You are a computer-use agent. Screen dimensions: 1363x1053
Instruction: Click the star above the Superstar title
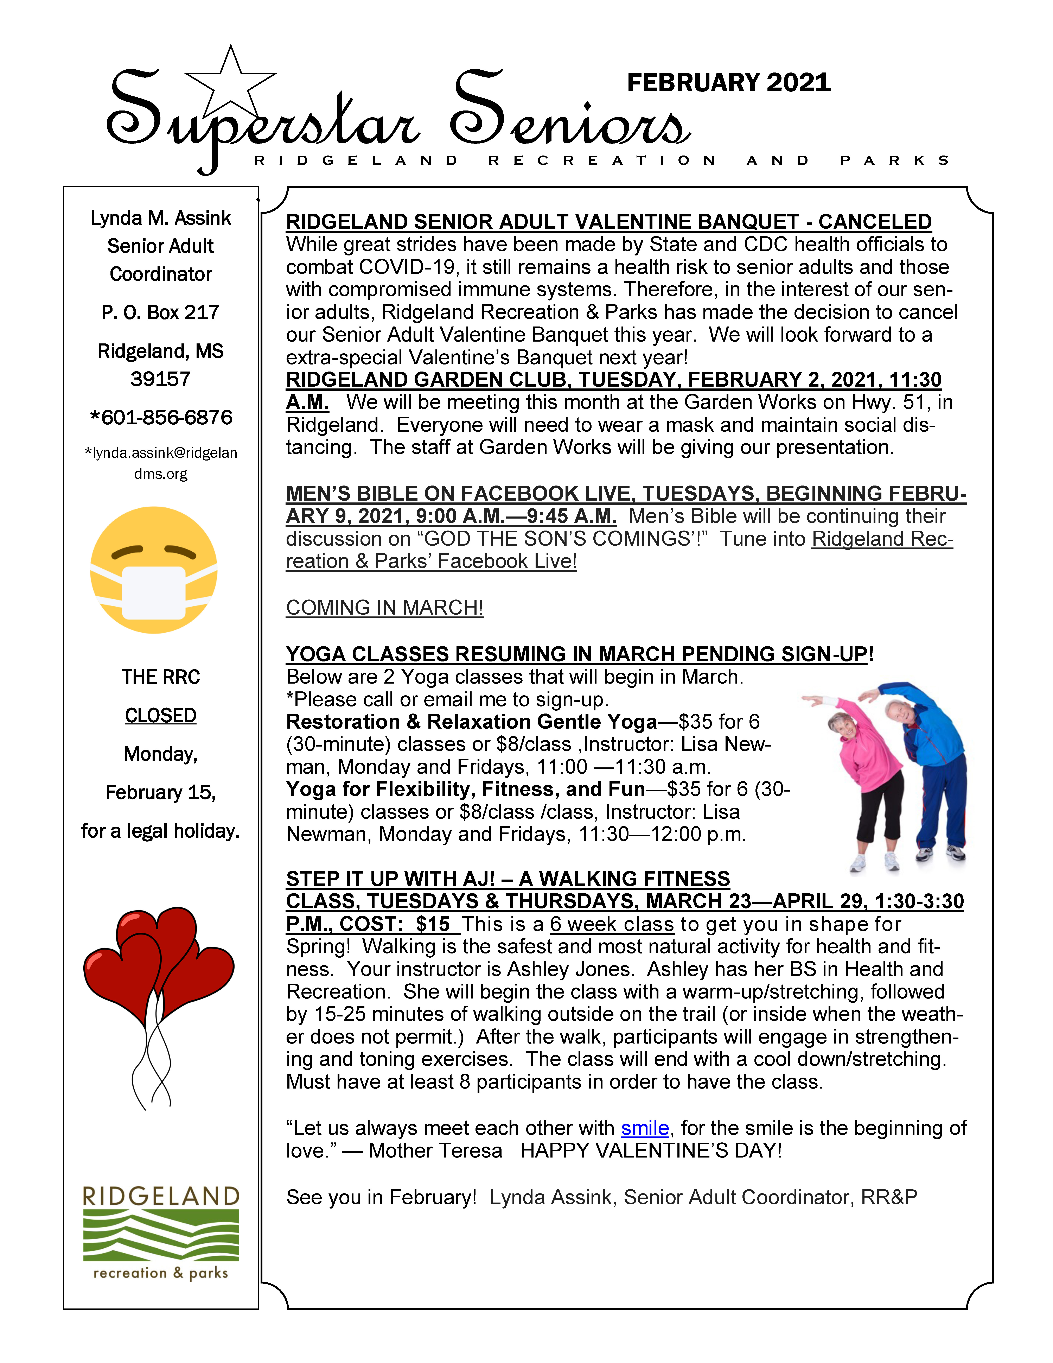[231, 81]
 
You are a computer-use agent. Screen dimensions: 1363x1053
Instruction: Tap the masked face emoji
[154, 570]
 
